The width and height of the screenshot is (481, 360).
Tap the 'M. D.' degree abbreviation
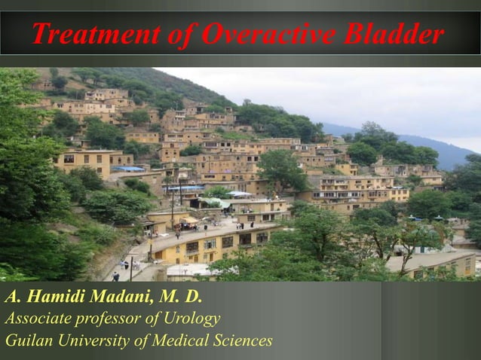pos(173,296)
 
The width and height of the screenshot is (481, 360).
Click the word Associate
pos(36,319)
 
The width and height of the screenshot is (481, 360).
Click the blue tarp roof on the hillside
pos(127,169)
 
